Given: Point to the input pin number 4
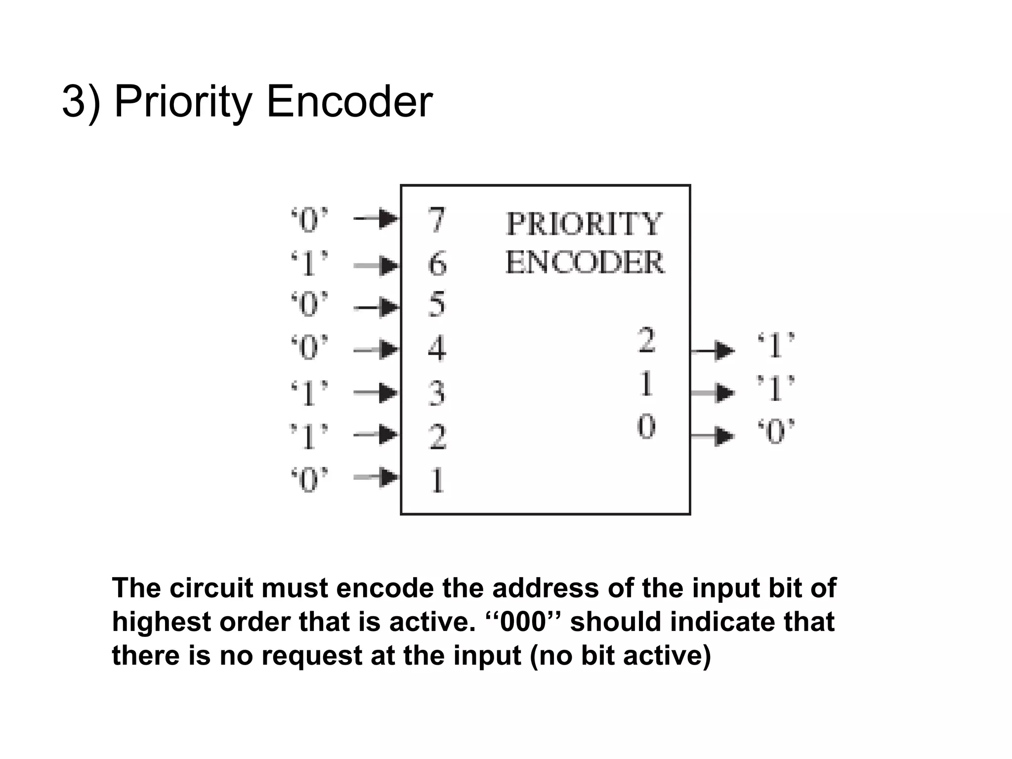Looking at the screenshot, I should click(437, 348).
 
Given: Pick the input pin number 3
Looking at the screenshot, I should click(437, 393).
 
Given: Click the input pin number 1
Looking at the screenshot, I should click(437, 480).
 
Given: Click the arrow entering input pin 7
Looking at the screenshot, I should click(377, 218).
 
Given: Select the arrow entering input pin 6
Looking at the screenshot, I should click(377, 265).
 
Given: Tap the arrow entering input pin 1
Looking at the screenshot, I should click(377, 477).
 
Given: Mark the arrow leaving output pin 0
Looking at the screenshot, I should click(713, 436).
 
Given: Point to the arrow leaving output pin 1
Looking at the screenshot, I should click(713, 393).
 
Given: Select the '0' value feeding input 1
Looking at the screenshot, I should click(309, 479).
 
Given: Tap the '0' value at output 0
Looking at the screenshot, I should click(776, 431).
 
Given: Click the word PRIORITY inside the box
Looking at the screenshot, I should click(584, 224).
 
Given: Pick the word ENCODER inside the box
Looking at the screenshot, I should click(585, 262).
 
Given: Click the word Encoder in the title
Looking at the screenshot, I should click(349, 102).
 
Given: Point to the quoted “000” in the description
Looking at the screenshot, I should click(524, 622).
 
